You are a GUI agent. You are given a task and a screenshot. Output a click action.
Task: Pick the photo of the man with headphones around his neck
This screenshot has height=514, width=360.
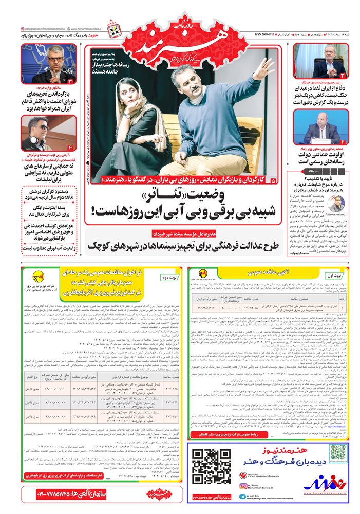click(41, 133)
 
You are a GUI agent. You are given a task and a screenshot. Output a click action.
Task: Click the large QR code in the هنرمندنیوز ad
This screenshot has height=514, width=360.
click(211, 467)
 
